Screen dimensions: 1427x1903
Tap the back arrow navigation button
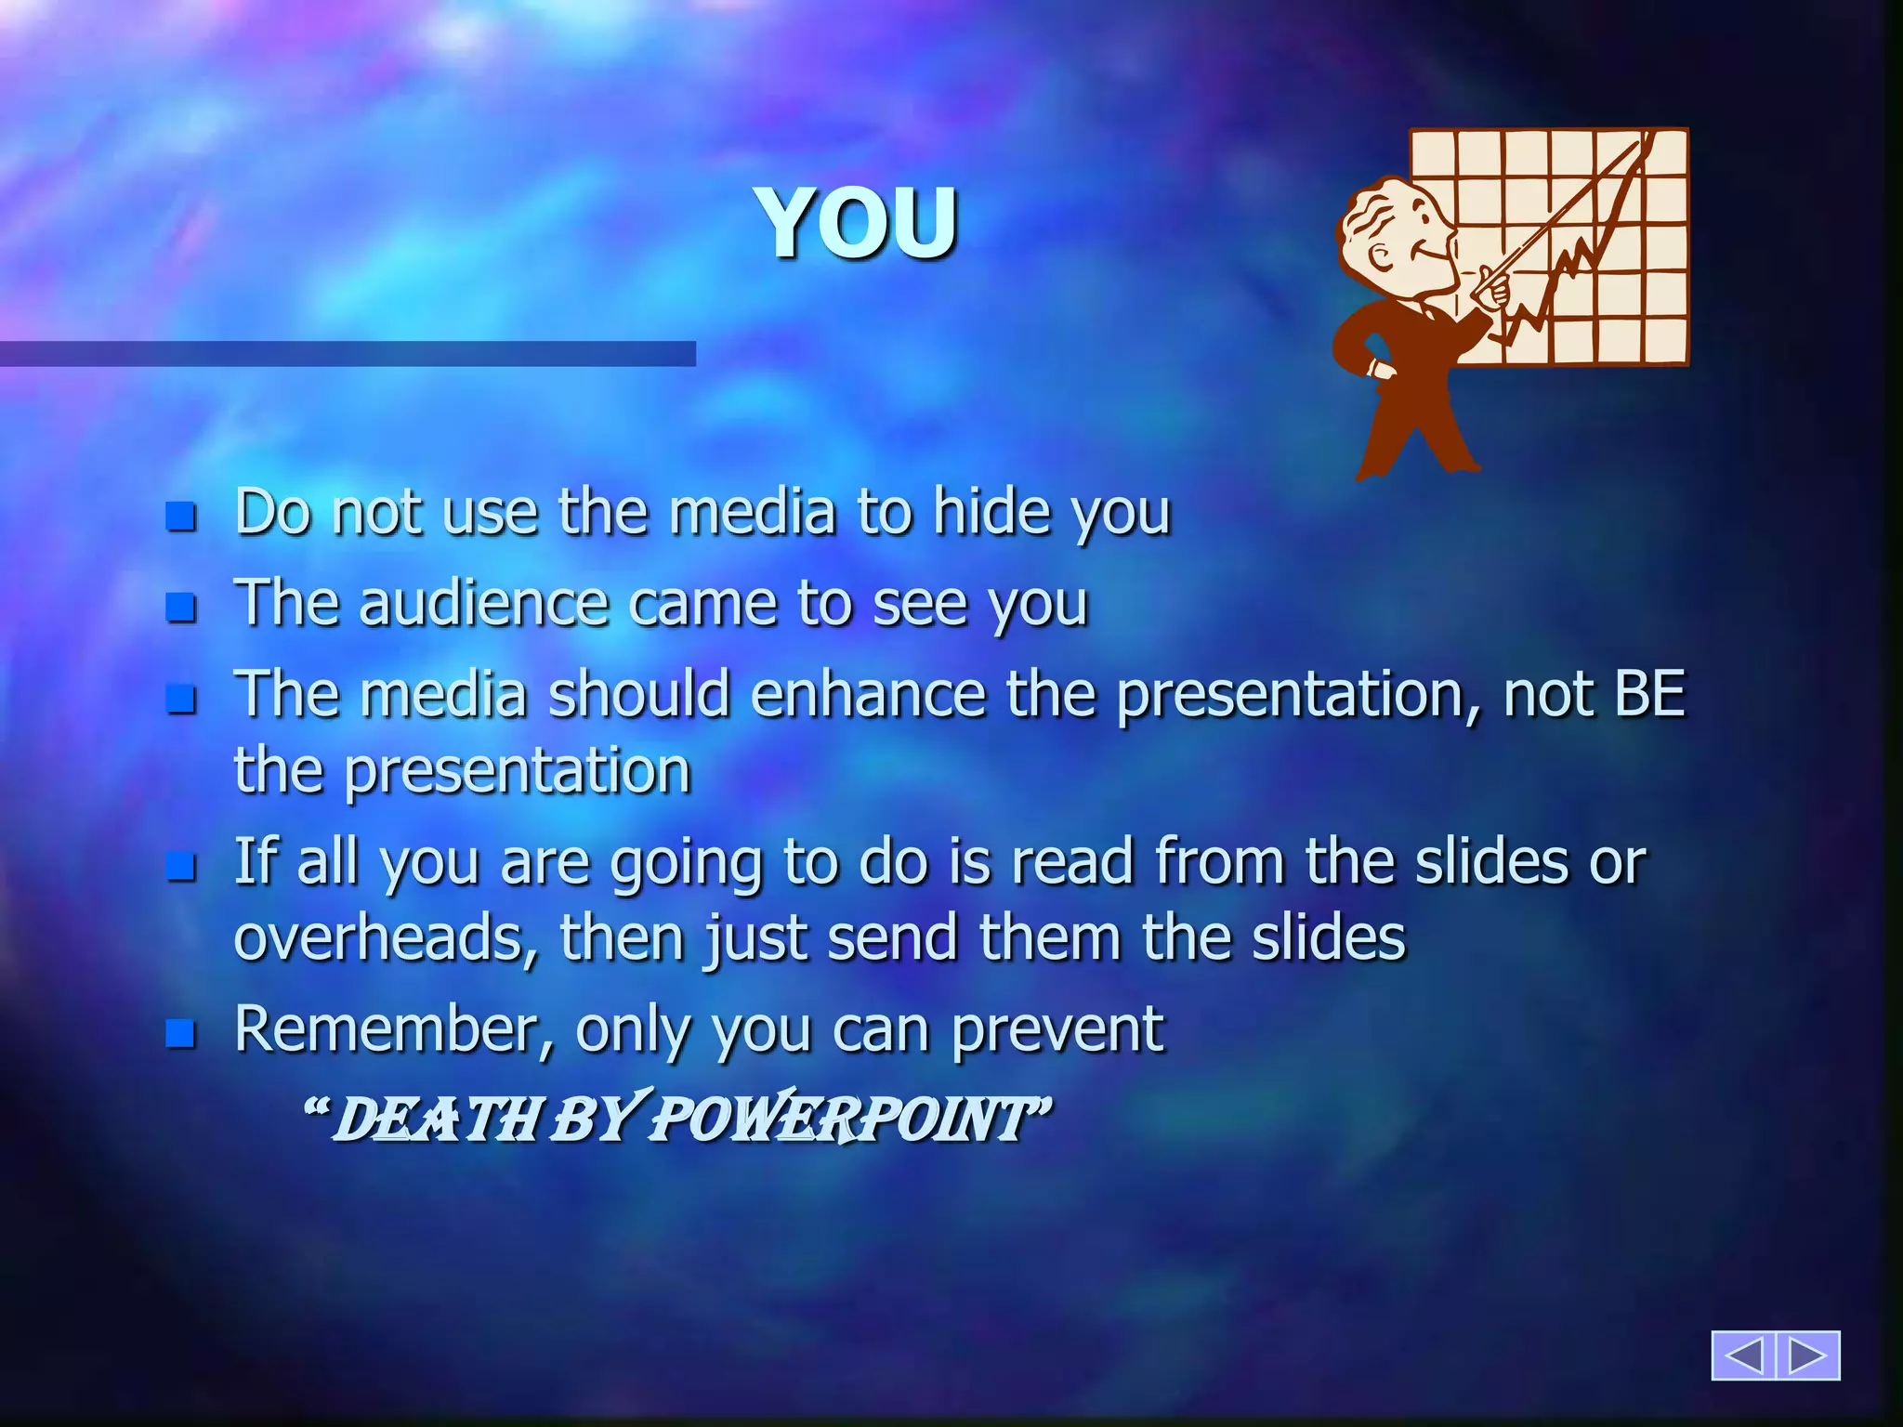point(1743,1355)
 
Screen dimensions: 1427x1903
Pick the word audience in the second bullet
point(484,604)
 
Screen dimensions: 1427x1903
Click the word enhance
point(868,694)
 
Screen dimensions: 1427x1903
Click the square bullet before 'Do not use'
point(181,516)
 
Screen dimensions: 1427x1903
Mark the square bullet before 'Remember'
point(181,1032)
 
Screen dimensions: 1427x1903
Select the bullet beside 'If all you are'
point(181,866)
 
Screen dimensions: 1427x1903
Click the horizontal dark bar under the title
point(348,354)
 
